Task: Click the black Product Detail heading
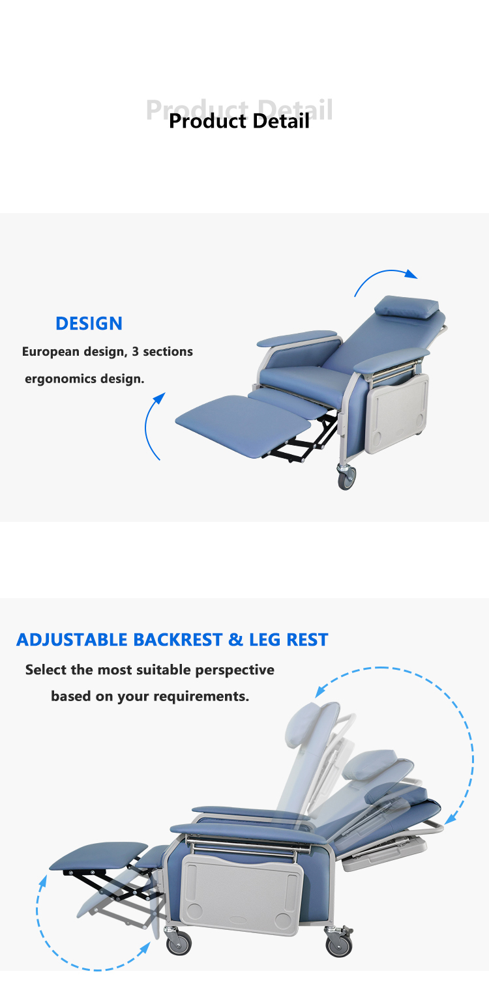coord(239,121)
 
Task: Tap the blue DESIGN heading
coord(89,323)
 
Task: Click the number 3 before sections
coord(136,352)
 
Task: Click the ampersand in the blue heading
coord(235,640)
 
